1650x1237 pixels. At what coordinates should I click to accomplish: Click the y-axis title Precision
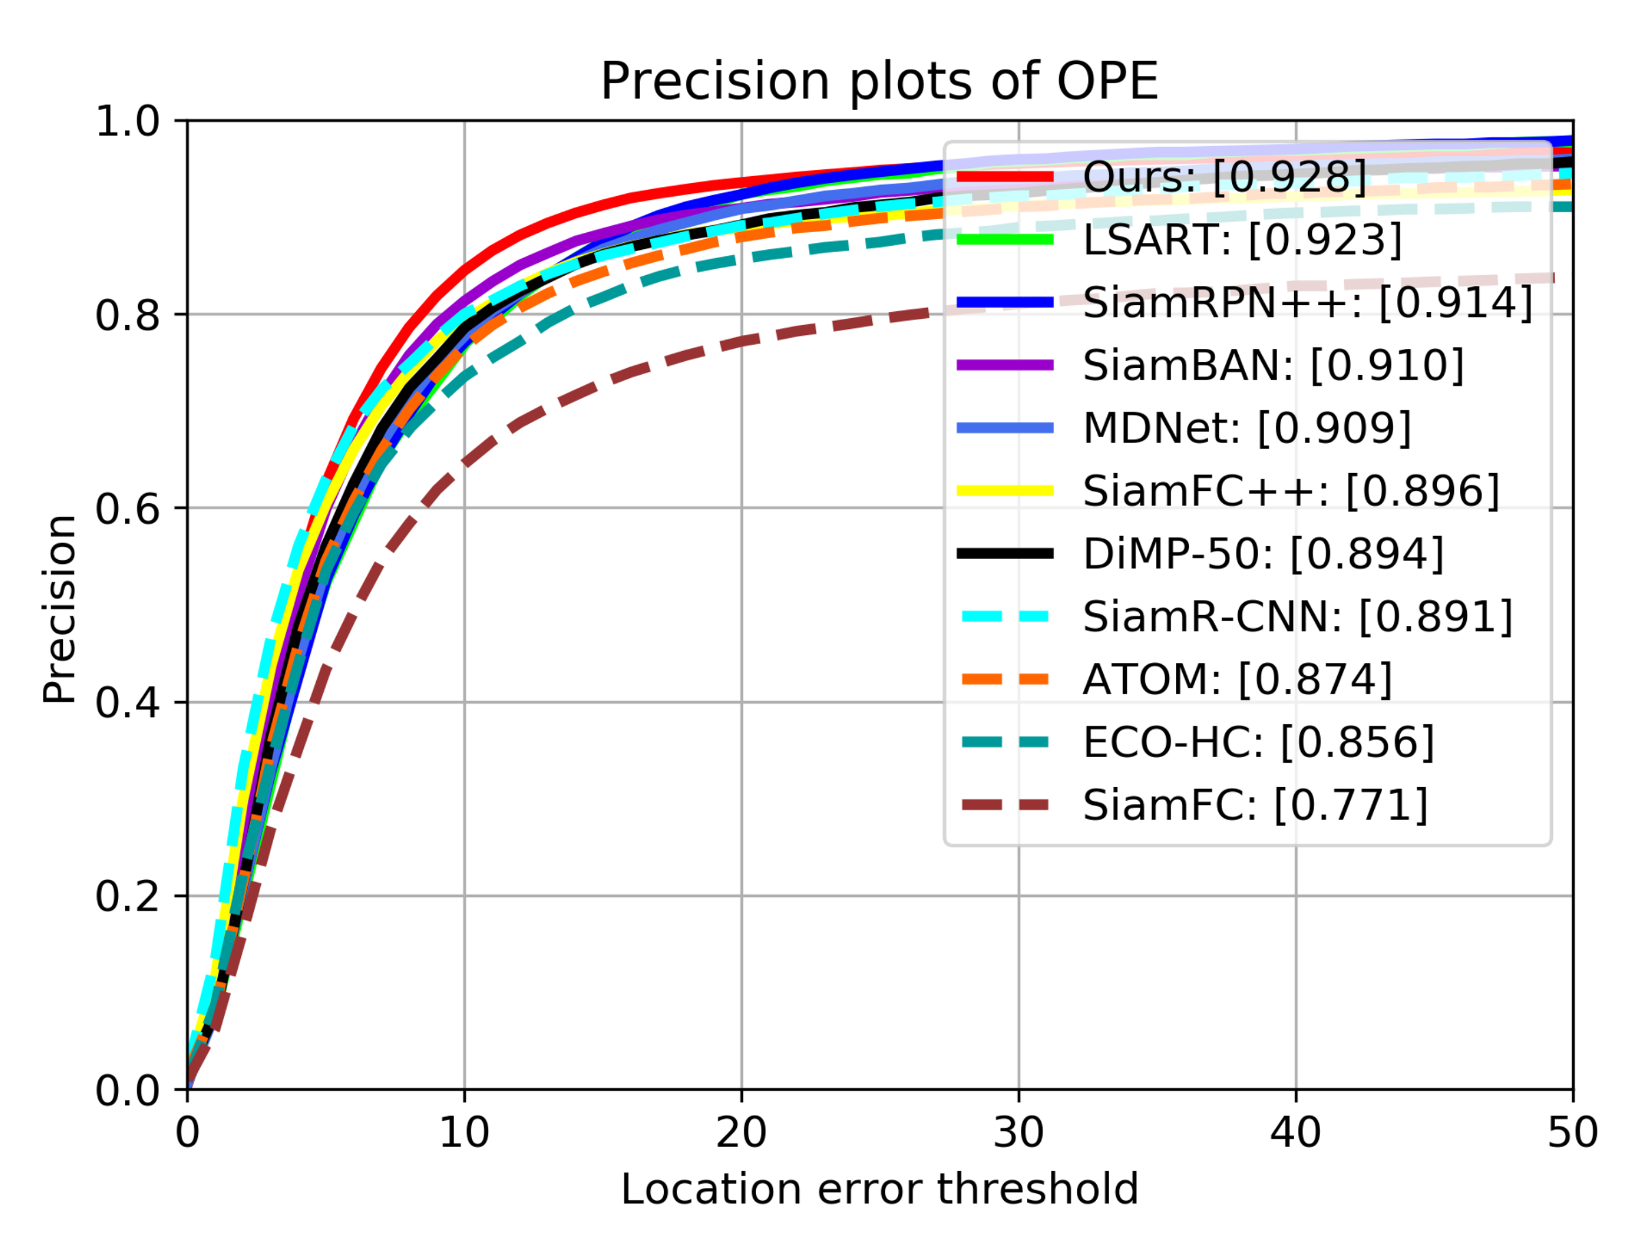tap(59, 608)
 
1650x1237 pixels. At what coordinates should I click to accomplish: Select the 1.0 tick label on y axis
tap(128, 122)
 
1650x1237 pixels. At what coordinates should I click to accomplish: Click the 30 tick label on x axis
tap(1018, 1133)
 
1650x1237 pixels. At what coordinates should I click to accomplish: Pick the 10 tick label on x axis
tap(464, 1133)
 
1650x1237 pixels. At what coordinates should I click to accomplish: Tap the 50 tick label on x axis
tap(1572, 1133)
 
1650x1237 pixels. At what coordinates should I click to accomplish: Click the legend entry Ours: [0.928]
tap(1223, 177)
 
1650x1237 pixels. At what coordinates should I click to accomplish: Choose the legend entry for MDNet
tap(1246, 428)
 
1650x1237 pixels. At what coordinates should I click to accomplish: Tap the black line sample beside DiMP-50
tap(1005, 553)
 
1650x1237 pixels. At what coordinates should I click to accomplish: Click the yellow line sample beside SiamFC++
tap(1005, 491)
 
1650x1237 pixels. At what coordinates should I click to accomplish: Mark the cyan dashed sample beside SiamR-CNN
tap(1005, 616)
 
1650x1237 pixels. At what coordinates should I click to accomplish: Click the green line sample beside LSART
tap(1005, 240)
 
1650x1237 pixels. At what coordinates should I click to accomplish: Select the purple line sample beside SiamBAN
tap(1005, 365)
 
